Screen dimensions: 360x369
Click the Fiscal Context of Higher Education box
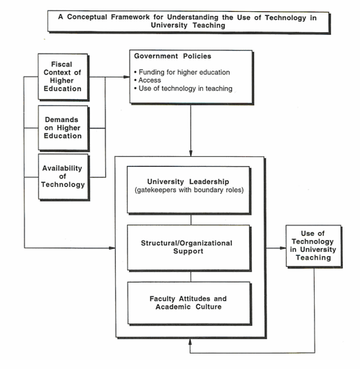point(63,77)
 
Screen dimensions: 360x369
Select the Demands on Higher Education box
point(63,128)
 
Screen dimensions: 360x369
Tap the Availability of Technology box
point(63,177)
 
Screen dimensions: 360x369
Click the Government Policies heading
point(172,57)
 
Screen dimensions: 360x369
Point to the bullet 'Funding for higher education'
point(182,73)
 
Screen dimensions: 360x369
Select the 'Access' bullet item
point(148,80)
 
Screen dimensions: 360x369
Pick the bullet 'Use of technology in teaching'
point(183,89)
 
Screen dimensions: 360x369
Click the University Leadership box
point(188,190)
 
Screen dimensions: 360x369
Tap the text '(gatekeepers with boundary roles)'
point(189,190)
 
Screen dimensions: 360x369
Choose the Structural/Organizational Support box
point(188,248)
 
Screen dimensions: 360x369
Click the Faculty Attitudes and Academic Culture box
point(189,303)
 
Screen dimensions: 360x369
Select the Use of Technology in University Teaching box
point(314,246)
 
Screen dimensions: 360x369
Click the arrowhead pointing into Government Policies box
point(127,77)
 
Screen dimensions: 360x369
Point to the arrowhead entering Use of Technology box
point(283,248)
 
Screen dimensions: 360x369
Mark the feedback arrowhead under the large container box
point(190,342)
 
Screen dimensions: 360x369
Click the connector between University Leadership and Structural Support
point(191,220)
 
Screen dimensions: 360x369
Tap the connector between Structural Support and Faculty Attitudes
point(191,277)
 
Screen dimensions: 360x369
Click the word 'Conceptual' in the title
point(87,17)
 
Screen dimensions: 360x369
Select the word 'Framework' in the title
point(130,17)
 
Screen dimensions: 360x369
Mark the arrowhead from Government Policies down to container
point(190,153)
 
